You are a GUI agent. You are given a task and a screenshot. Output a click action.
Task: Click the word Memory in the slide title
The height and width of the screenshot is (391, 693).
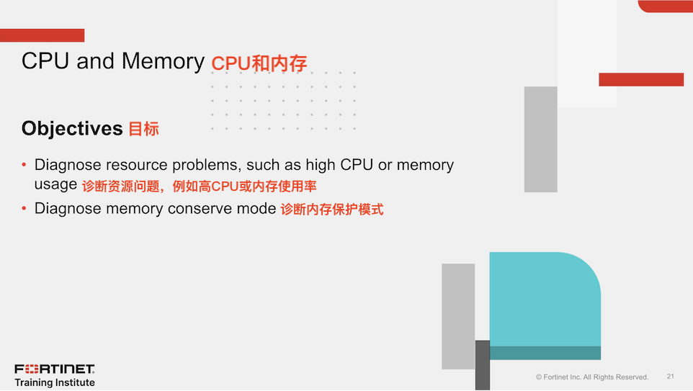[x=163, y=62]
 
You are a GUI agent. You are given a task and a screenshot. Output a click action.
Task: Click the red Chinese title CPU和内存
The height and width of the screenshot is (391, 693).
[x=259, y=63]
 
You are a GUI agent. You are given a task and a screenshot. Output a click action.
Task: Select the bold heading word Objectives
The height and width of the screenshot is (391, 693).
[x=72, y=129]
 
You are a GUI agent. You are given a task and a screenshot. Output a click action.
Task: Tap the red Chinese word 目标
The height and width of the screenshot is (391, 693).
[x=143, y=129]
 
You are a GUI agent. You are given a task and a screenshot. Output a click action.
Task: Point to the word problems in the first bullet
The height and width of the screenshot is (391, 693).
[x=207, y=166]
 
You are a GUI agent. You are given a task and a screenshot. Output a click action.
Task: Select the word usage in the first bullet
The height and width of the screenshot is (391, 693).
[x=55, y=184]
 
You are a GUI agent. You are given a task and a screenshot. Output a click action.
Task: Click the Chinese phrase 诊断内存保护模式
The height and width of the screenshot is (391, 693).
[x=332, y=209]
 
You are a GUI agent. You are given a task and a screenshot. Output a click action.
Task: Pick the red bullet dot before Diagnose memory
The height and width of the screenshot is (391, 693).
[x=24, y=209]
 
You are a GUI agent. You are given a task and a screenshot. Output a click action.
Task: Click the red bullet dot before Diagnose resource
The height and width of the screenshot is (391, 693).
[x=24, y=165]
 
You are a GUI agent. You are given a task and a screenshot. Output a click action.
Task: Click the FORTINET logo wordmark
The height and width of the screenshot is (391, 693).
[x=55, y=369]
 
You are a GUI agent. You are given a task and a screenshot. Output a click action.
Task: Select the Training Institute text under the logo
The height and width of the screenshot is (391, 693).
[x=55, y=382]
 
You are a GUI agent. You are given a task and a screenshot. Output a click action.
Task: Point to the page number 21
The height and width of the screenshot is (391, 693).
[x=671, y=377]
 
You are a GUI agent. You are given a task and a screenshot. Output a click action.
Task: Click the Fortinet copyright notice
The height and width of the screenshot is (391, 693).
[x=592, y=377]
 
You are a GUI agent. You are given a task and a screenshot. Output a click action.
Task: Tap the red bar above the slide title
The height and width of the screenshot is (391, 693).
[x=42, y=35]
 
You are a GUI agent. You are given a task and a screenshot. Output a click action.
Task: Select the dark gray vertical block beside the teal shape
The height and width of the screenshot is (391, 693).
[x=483, y=365]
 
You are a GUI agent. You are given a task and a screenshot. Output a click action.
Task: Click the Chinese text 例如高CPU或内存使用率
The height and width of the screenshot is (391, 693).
[x=244, y=186]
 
